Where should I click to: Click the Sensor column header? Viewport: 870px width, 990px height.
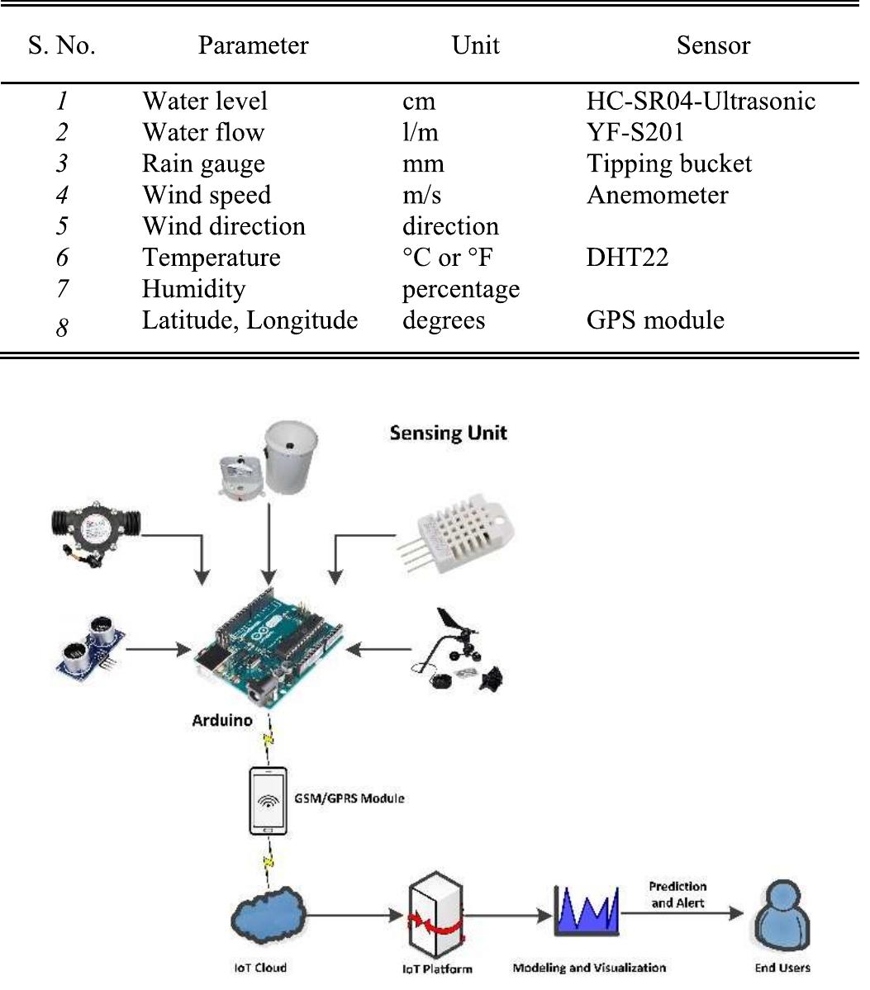[x=713, y=45]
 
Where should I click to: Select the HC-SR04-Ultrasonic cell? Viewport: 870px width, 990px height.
[x=701, y=101]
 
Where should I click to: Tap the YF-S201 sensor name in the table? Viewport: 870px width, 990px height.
[x=635, y=132]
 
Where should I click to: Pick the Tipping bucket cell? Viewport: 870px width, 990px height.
[x=669, y=163]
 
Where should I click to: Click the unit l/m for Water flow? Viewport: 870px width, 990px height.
[x=421, y=132]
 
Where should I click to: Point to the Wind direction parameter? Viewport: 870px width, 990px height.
[x=224, y=226]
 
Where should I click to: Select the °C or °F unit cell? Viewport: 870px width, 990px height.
[x=447, y=258]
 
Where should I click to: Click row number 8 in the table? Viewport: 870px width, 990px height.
[x=62, y=328]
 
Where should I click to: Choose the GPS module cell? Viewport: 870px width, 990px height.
[x=655, y=320]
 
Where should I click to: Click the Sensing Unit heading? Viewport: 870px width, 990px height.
[x=448, y=433]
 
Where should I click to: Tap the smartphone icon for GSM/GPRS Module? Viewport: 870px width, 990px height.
[x=269, y=800]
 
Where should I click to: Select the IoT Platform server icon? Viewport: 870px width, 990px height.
[x=435, y=917]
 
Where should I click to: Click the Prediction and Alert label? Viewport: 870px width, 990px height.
[x=677, y=895]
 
